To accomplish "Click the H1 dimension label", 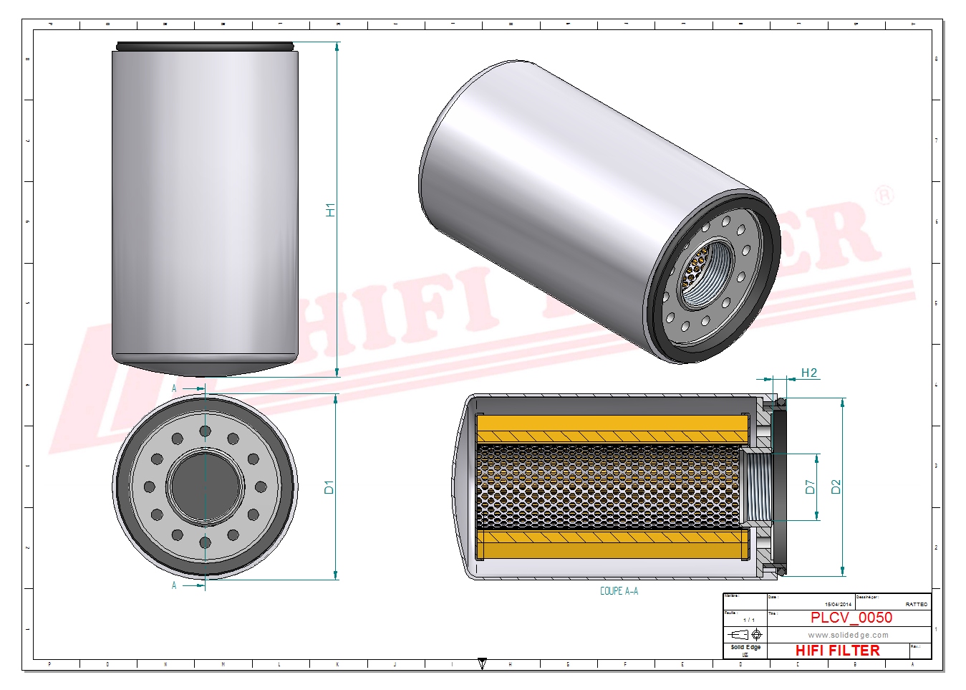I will (330, 210).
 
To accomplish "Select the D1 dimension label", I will (329, 487).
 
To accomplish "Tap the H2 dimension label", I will (808, 373).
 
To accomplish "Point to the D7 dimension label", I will (810, 487).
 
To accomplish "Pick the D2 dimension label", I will (836, 487).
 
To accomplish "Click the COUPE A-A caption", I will (619, 591).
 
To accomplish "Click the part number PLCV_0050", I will (851, 618).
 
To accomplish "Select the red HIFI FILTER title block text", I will (837, 651).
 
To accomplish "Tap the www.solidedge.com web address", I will (848, 635).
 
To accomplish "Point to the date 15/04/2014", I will (838, 605).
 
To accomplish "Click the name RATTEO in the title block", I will (916, 605).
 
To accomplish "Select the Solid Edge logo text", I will (745, 647).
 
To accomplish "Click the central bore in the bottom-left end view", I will (205, 487).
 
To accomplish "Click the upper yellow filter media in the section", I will (612, 428).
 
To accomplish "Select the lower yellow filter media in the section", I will (612, 545).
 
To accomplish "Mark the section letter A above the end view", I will (174, 388).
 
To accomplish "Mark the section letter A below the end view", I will (174, 585).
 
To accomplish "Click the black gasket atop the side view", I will (205, 47).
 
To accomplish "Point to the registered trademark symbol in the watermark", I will (885, 195).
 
